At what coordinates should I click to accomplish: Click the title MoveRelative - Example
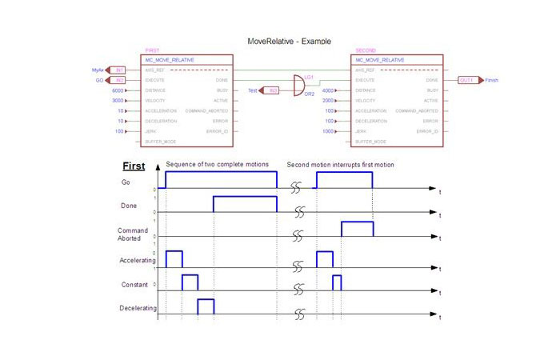(x=290, y=41)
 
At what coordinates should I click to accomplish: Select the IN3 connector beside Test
(x=272, y=91)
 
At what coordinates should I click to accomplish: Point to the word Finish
(x=492, y=81)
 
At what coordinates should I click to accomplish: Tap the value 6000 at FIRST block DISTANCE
(x=118, y=91)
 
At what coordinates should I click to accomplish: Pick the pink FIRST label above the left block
(x=152, y=50)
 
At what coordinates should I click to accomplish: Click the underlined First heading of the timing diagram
(x=133, y=167)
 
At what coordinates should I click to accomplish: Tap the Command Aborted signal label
(x=129, y=234)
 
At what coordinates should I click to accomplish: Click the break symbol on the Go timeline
(x=296, y=189)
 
